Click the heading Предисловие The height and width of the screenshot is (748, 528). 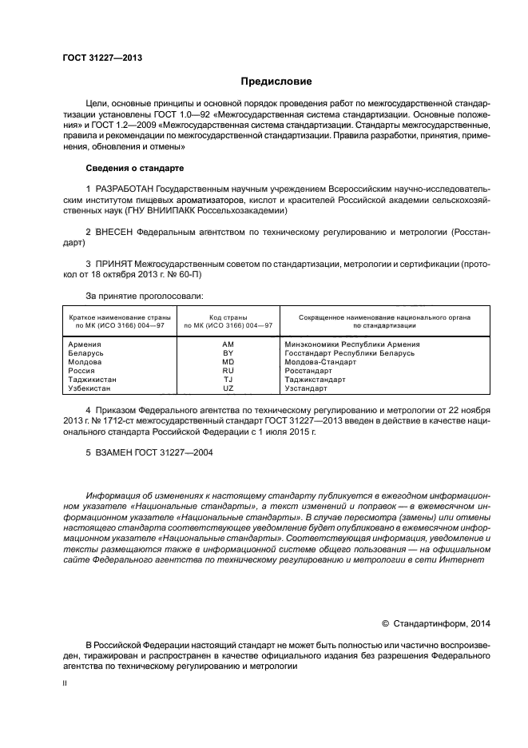coord(276,82)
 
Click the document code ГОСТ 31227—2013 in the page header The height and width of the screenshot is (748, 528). coord(102,58)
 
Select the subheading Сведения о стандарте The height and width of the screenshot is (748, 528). coord(134,169)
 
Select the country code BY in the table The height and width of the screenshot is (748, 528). coord(228,353)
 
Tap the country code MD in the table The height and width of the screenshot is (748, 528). coord(228,362)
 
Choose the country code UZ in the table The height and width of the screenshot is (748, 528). coord(228,388)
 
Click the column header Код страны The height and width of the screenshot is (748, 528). coord(228,317)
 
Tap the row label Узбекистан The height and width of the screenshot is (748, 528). coord(89,388)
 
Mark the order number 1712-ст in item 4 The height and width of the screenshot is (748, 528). coord(121,421)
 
